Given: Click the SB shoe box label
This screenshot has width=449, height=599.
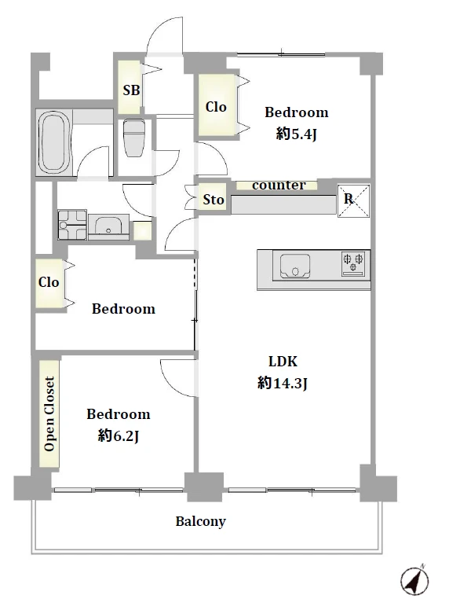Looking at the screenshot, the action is [131, 90].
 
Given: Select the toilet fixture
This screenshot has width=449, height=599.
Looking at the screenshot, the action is [134, 138].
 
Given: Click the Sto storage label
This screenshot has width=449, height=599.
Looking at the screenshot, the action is [214, 200].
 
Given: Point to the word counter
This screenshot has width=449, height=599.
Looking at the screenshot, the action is [279, 186].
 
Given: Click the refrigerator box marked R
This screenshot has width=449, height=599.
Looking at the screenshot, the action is [353, 201].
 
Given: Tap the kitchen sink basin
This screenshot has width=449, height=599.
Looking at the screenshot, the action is [294, 266].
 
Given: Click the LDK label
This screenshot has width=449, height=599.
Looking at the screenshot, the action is [283, 361].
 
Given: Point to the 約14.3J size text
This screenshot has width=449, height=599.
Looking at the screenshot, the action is [283, 383].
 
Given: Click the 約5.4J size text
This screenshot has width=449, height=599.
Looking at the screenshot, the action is [297, 134].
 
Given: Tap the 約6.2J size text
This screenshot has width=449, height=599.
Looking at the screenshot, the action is [119, 435].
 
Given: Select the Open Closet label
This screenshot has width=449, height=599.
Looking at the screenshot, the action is [49, 413].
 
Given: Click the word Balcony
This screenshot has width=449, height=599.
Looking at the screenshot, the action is [201, 521].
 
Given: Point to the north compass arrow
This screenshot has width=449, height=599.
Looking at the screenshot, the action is [414, 581].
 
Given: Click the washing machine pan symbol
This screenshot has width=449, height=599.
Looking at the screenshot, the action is [72, 224].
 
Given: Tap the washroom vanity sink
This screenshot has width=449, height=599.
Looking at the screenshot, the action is [108, 226].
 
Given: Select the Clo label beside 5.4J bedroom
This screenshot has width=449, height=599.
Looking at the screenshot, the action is [216, 107].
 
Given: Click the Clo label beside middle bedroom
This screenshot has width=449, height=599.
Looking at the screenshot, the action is [49, 282].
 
